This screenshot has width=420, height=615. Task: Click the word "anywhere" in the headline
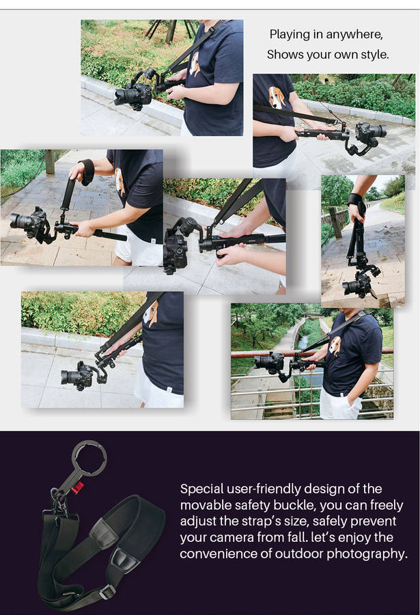pos(354,35)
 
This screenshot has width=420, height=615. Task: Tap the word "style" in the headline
pos(374,55)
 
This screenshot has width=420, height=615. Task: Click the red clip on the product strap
pos(77,488)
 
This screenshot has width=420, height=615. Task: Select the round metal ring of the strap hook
pos(89,458)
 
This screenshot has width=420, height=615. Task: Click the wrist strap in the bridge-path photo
pos(87,172)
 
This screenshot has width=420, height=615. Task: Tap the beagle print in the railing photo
pos(335,346)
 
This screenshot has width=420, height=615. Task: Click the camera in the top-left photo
pos(133,95)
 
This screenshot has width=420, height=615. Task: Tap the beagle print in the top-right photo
pos(277,97)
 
